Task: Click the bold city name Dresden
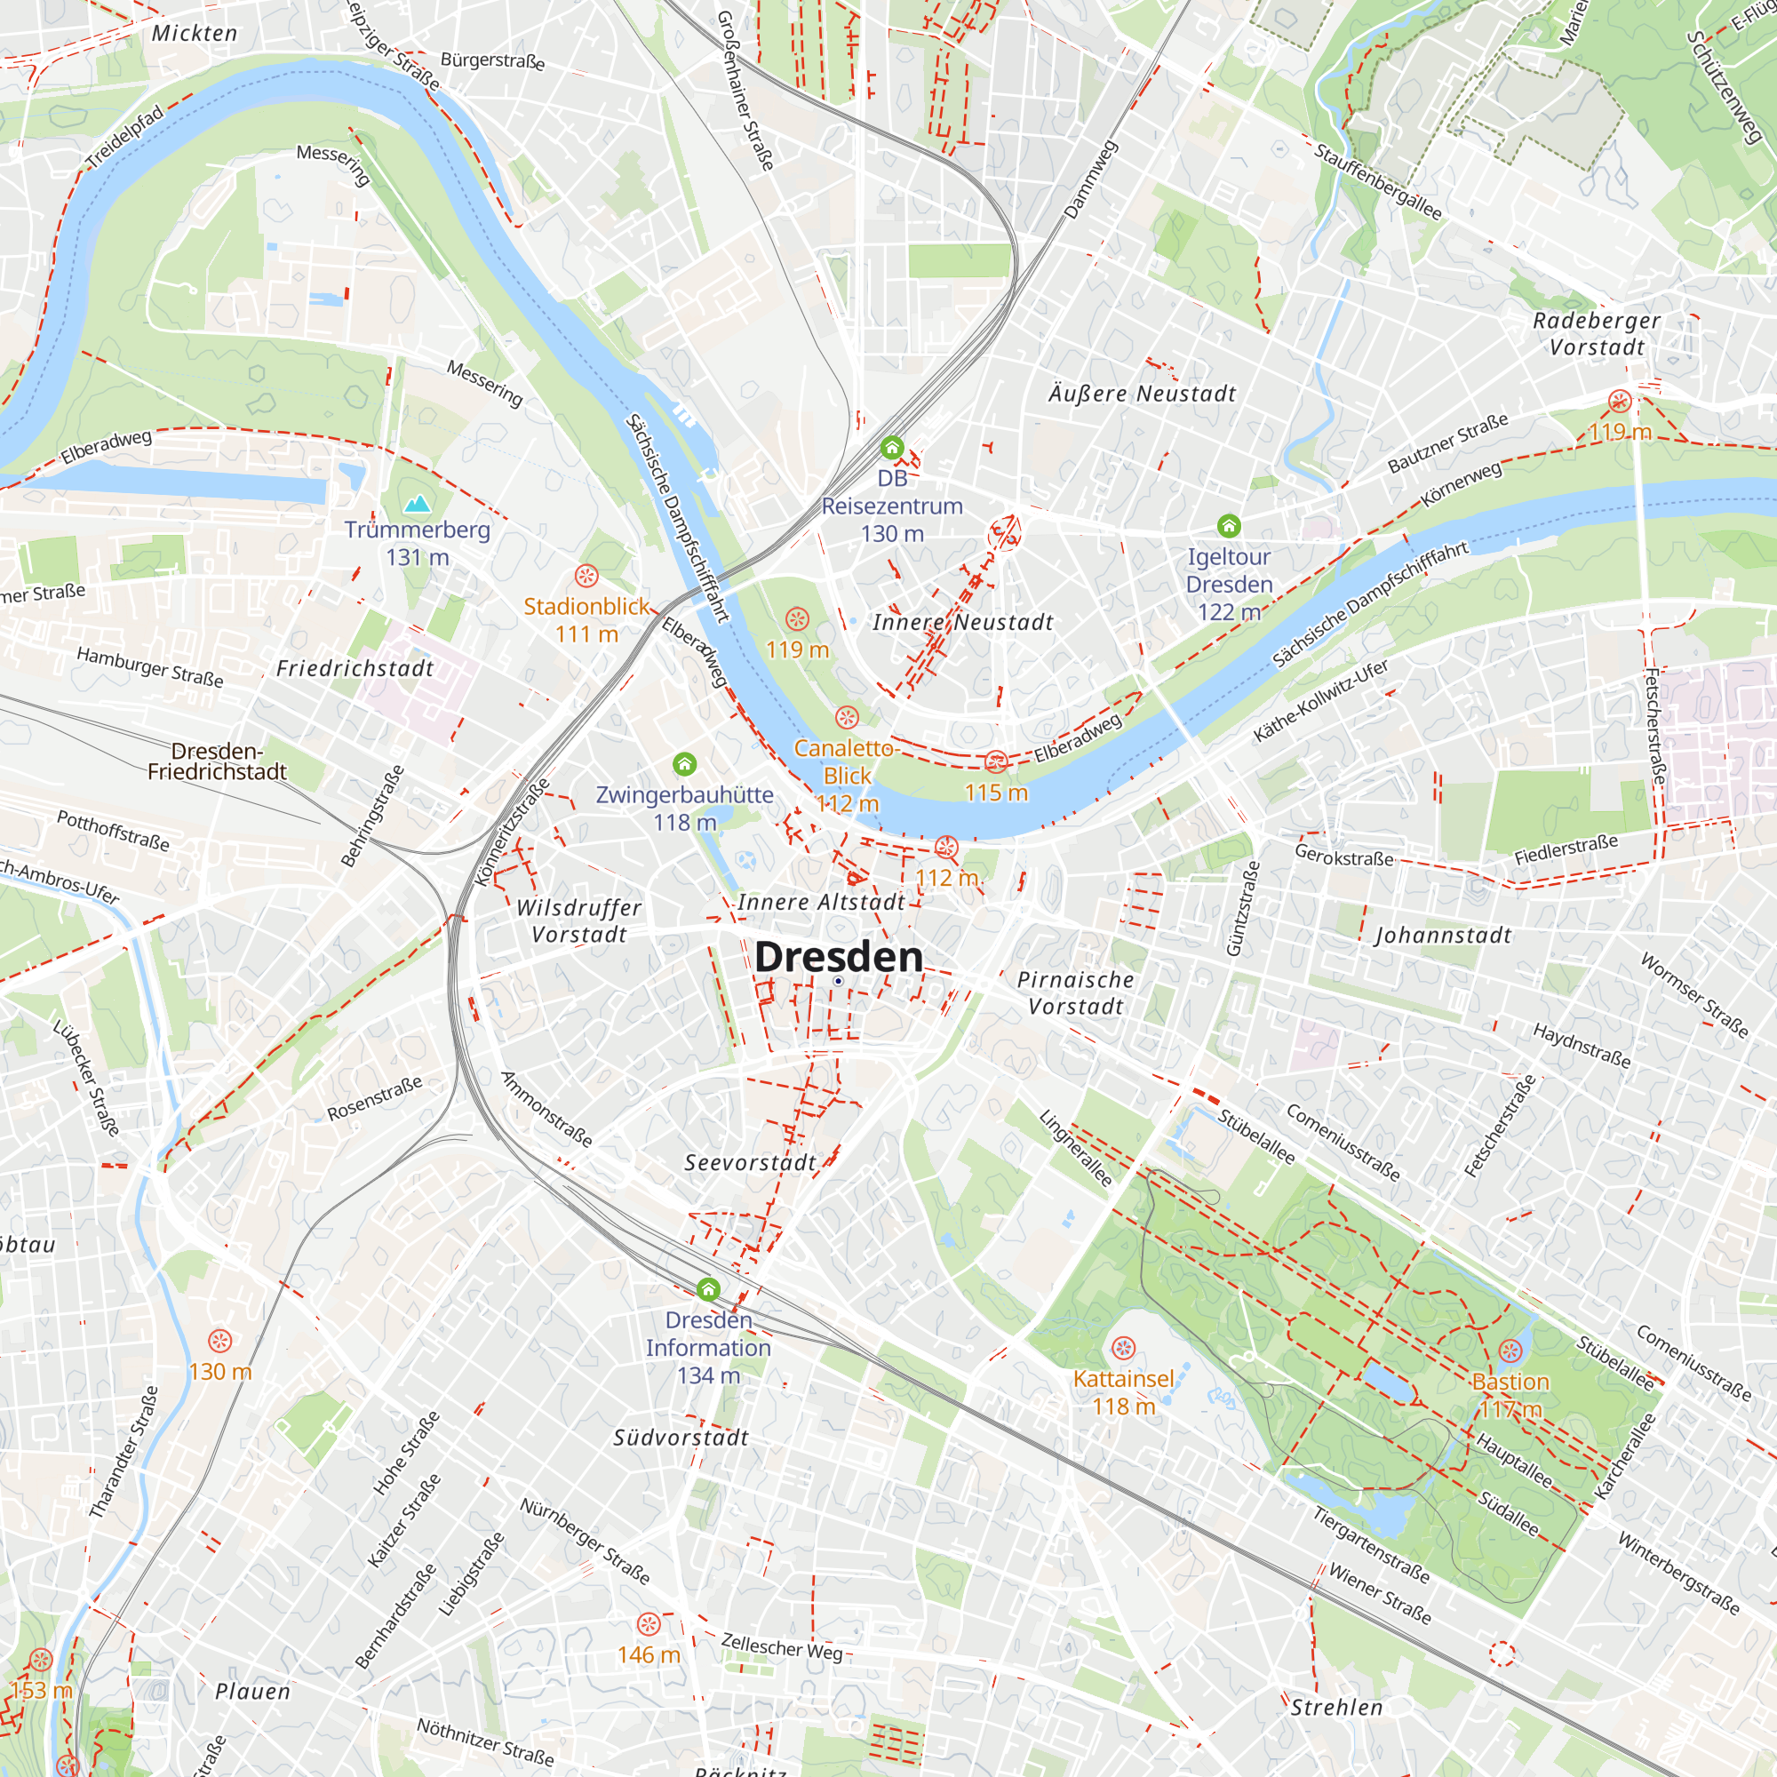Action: point(838,957)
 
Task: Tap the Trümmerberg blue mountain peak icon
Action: point(418,503)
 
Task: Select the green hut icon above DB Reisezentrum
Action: point(891,448)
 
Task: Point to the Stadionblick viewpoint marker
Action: point(586,577)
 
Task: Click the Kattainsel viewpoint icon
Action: point(1123,1349)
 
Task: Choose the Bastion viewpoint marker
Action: point(1510,1351)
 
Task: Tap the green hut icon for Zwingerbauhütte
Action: point(684,763)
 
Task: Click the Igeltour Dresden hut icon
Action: point(1229,526)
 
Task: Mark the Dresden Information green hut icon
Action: point(707,1288)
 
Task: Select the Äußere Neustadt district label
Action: point(1143,394)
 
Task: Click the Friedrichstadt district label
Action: point(355,669)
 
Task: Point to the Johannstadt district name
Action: point(1443,936)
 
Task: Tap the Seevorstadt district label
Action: point(751,1162)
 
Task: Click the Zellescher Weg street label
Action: point(781,1647)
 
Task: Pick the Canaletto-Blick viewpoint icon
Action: point(846,717)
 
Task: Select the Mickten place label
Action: point(194,33)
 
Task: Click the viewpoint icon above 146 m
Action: point(649,1623)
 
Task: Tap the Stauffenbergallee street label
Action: point(1377,182)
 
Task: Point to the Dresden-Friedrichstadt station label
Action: point(217,761)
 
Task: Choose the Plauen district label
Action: point(253,1692)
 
